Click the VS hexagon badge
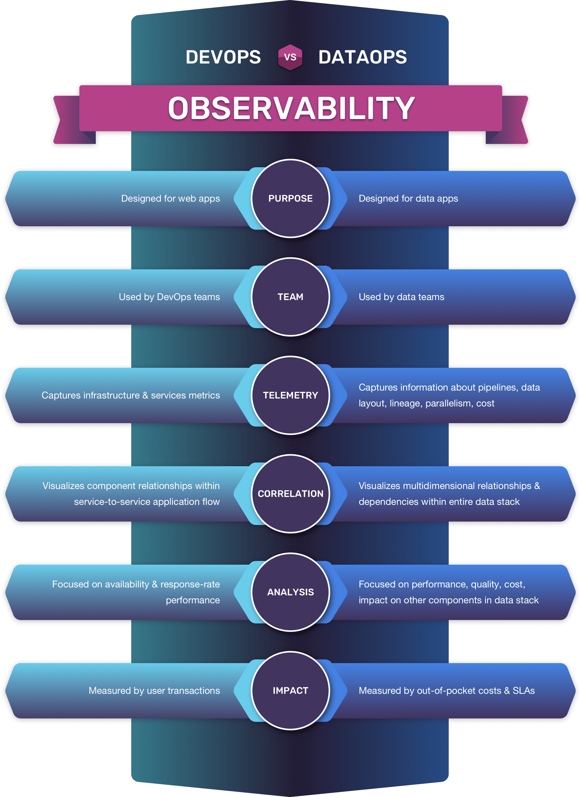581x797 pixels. coord(290,57)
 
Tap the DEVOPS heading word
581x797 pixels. coord(223,57)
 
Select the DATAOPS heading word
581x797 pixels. coord(363,57)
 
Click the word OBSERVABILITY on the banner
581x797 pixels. coord(291,108)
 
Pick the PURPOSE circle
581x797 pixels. coord(290,198)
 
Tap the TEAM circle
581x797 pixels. coord(290,297)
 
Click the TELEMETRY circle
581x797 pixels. coord(290,395)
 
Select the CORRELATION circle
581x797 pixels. coord(290,494)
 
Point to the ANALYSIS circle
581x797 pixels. coord(290,592)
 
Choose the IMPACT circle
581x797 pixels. coord(290,691)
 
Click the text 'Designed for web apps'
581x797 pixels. coord(171,199)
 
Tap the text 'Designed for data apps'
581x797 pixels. coord(408,199)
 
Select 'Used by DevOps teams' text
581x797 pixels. coord(170,297)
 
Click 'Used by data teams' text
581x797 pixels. coord(402,297)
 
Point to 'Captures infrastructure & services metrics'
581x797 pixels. coord(131,395)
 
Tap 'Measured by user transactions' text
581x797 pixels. coord(155,691)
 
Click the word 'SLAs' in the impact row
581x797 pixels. coord(524,691)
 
